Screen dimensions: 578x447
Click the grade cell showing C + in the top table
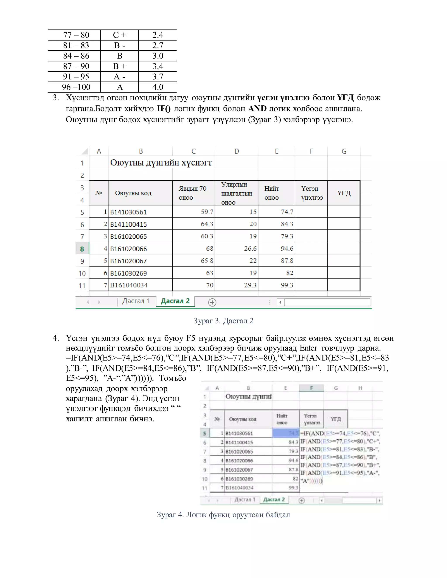(x=119, y=35)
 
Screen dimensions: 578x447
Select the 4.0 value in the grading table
(x=158, y=87)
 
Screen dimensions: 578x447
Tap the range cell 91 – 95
(x=76, y=77)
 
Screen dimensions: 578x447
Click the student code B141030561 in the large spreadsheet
(x=128, y=212)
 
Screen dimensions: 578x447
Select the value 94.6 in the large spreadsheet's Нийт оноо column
(x=287, y=248)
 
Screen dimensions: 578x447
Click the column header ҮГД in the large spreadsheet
(x=344, y=193)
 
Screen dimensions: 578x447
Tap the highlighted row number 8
(x=82, y=249)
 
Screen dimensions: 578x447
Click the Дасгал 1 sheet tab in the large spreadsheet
(x=136, y=301)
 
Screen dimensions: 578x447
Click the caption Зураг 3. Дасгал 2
(x=223, y=321)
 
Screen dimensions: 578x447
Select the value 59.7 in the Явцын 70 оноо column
(x=207, y=212)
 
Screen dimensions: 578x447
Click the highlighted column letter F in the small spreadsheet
(x=311, y=388)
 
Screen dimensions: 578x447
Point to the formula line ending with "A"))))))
(x=311, y=481)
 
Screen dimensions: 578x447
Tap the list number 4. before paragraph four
(x=56, y=338)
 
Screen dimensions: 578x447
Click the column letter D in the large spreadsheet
(x=236, y=151)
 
